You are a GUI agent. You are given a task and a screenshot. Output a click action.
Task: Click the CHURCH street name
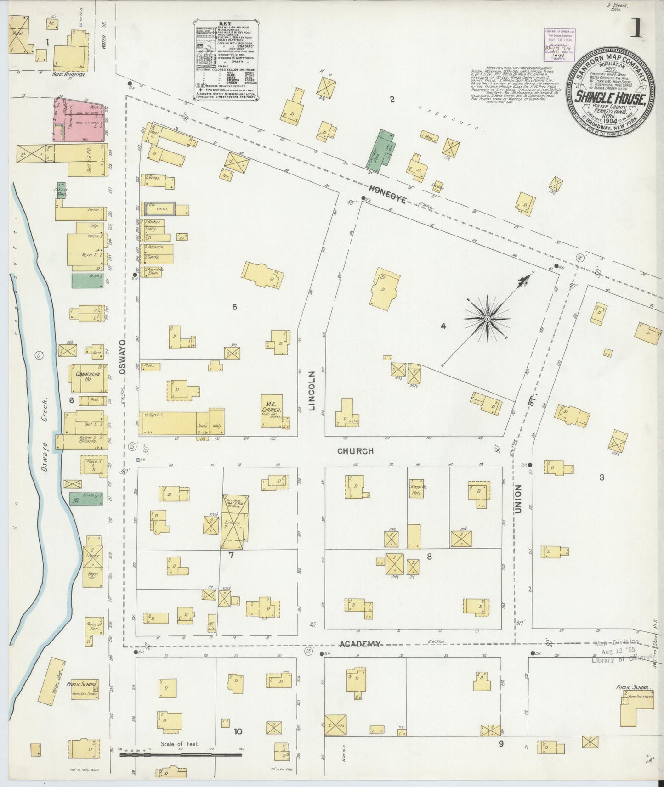355,451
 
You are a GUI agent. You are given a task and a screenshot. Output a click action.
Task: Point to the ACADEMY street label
359,644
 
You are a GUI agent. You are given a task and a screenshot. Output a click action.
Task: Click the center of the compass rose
487,318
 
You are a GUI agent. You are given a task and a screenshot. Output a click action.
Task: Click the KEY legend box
225,59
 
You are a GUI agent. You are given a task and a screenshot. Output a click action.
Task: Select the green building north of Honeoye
386,151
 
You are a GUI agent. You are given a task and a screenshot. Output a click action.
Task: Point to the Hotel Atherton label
69,74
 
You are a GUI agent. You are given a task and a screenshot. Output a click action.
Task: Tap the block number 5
234,307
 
